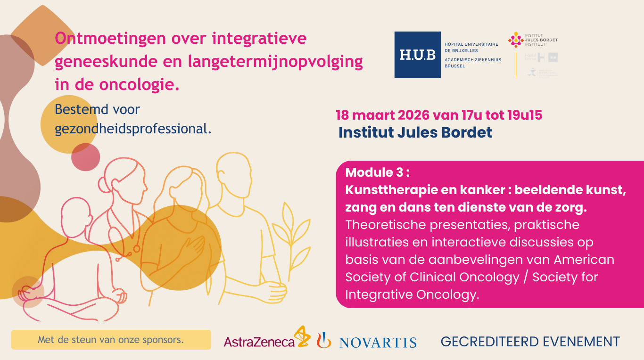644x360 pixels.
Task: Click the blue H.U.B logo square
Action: [x=417, y=55]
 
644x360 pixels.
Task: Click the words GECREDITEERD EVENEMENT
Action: [x=530, y=342]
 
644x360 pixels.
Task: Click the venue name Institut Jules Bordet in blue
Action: [x=415, y=133]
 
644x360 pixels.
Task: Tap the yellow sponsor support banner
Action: [x=111, y=339]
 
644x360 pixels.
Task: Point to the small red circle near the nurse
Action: [x=85, y=157]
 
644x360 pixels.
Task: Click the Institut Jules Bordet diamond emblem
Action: [x=516, y=40]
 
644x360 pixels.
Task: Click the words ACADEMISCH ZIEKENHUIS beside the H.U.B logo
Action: [x=473, y=60]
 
